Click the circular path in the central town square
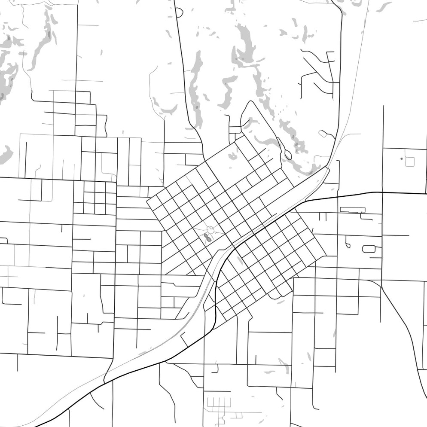tap(211, 230)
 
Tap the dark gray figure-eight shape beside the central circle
tap(208, 237)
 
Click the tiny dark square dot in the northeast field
tap(402, 159)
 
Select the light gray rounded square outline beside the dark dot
tap(409, 162)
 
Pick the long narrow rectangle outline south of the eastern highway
tap(352, 210)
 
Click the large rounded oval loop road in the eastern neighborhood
tap(369, 248)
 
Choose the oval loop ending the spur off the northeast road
tap(323, 134)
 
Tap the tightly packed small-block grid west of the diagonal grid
tap(95, 198)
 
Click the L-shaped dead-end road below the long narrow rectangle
tap(367, 217)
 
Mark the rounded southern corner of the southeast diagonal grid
tap(279, 296)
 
